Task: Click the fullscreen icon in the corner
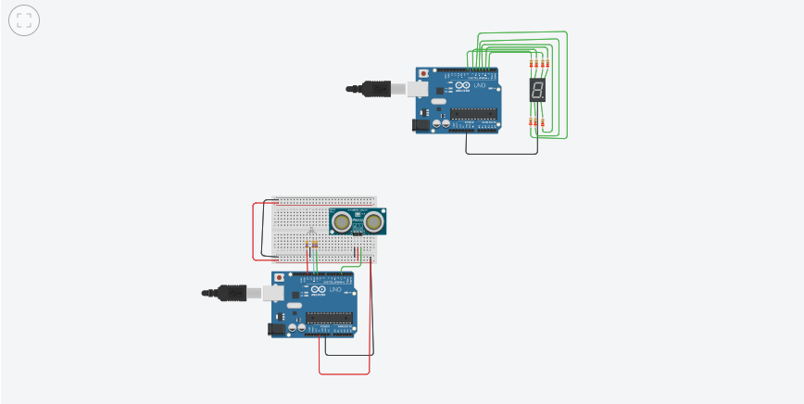pyautogui.click(x=24, y=21)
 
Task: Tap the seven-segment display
pyautogui.click(x=536, y=90)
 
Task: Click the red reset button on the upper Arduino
pyautogui.click(x=424, y=74)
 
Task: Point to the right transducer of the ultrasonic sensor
pyautogui.click(x=374, y=221)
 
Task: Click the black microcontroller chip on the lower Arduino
pyautogui.click(x=330, y=318)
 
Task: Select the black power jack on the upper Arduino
pyautogui.click(x=420, y=123)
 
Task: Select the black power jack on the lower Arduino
pyautogui.click(x=275, y=327)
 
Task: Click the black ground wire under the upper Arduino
pyautogui.click(x=500, y=153)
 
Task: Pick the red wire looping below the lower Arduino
pyautogui.click(x=344, y=373)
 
